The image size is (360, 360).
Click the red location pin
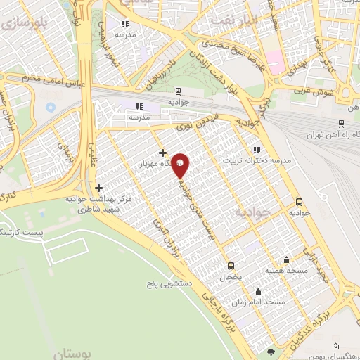click(181, 165)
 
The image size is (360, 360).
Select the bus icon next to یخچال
click(231, 266)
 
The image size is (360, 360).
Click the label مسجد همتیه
click(264, 270)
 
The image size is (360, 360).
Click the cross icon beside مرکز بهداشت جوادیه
click(98, 188)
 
